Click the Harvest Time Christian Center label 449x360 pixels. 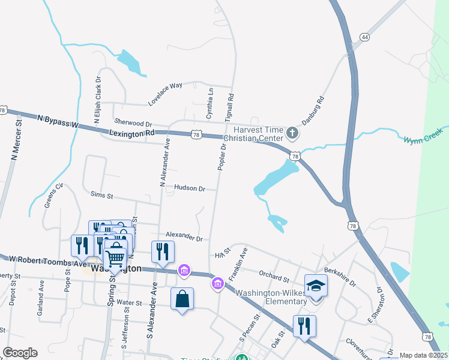click(258, 134)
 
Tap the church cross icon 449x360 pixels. click(292, 132)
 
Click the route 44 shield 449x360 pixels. click(364, 37)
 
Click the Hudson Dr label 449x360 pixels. click(190, 188)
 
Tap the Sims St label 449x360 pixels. click(101, 194)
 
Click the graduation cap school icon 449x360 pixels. click(316, 286)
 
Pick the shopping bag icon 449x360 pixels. click(182, 299)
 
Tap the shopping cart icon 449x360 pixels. click(115, 258)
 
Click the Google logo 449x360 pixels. click(20, 353)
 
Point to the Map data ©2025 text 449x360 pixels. click(423, 355)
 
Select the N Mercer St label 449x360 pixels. click(16, 140)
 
